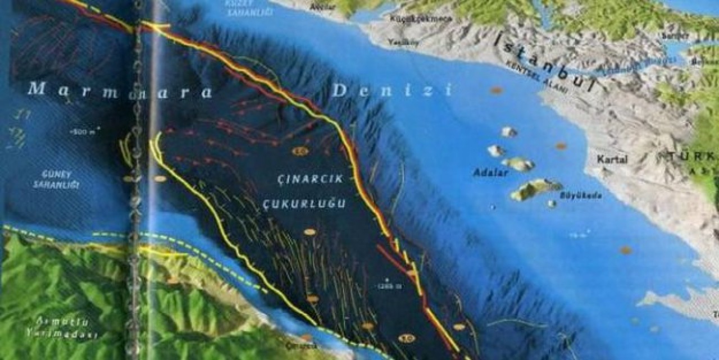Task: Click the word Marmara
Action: pyautogui.click(x=121, y=89)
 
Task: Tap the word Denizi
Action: pyautogui.click(x=392, y=90)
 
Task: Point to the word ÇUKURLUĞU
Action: pyautogui.click(x=304, y=204)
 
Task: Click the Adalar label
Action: pyautogui.click(x=490, y=173)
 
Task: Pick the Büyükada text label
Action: pyautogui.click(x=580, y=196)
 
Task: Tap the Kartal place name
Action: pyautogui.click(x=612, y=160)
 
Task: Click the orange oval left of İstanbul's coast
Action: pyautogui.click(x=496, y=90)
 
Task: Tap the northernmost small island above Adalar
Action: pyautogui.click(x=509, y=132)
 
